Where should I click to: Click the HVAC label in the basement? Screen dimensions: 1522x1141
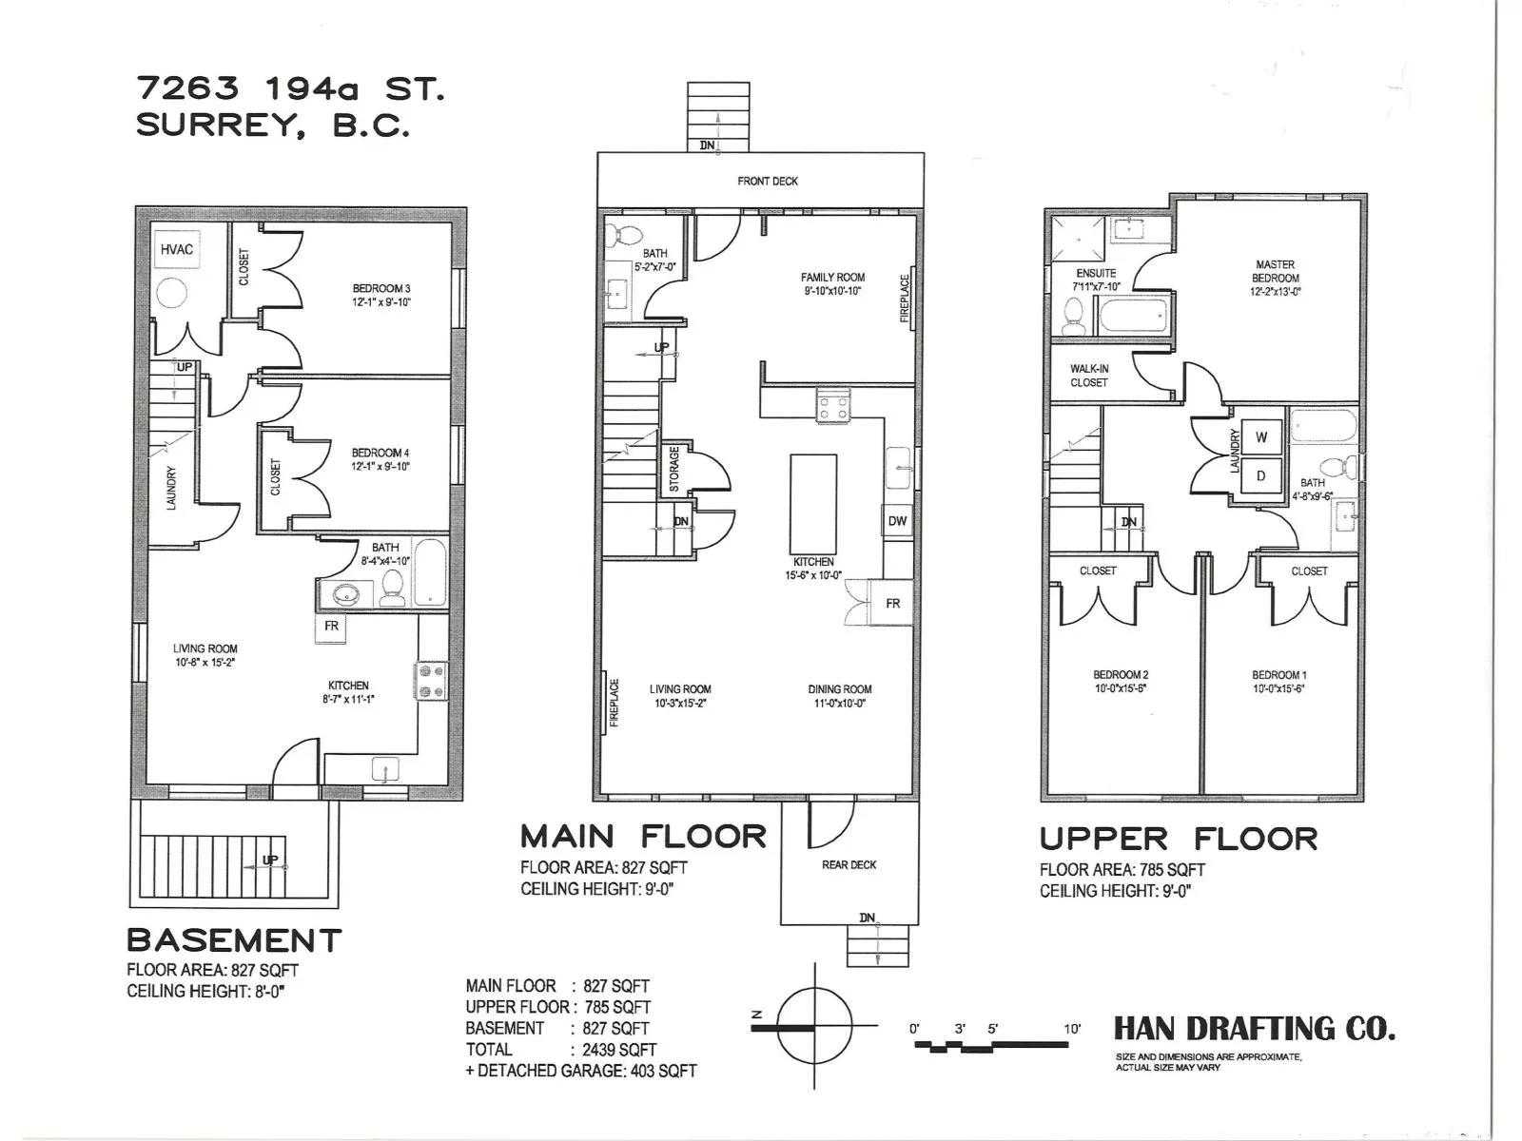[x=177, y=249]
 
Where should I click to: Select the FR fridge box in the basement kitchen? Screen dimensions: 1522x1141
[x=331, y=628]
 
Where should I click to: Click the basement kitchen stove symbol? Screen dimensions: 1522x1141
[x=431, y=681]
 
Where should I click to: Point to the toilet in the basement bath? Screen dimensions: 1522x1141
[x=393, y=589]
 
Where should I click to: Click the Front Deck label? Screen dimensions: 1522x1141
[x=768, y=181]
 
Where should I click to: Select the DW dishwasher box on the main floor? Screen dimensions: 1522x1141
[x=897, y=521]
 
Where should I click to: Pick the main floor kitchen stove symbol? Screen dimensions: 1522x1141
[x=832, y=405]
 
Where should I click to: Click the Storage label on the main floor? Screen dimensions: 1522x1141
[x=674, y=469]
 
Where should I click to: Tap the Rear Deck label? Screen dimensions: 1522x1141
[x=849, y=864]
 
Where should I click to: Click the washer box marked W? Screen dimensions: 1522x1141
[x=1260, y=437]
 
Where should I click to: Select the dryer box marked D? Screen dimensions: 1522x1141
[x=1260, y=476]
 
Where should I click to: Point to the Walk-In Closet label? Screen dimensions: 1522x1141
[x=1088, y=376]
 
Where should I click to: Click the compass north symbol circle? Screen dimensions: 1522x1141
[x=814, y=1025]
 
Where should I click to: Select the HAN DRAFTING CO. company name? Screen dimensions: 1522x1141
[x=1255, y=1029]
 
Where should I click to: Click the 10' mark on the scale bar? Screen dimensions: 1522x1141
[x=1072, y=1030]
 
